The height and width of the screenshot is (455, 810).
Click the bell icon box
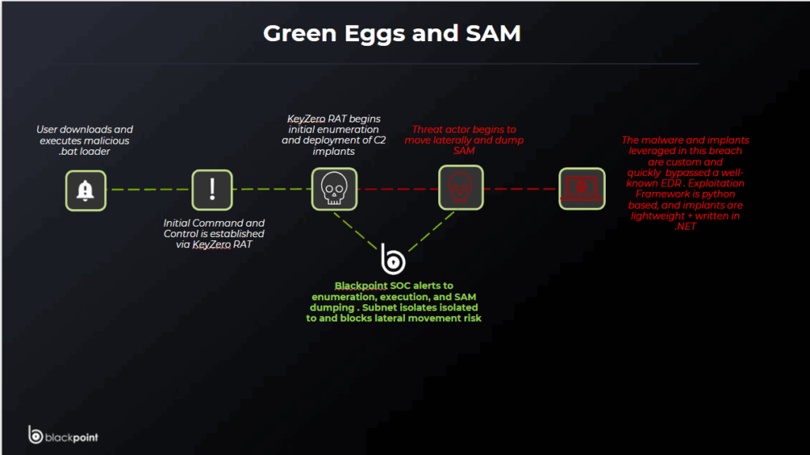pyautogui.click(x=85, y=190)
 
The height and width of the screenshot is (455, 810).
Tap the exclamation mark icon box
pyautogui.click(x=212, y=190)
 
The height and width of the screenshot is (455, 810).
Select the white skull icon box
pyautogui.click(x=335, y=189)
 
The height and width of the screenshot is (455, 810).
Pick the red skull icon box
pyautogui.click(x=461, y=187)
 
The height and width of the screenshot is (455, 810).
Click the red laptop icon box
pyautogui.click(x=581, y=188)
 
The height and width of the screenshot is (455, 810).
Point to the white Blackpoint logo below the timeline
pyautogui.click(x=392, y=258)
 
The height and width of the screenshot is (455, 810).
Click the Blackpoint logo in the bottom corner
pyautogui.click(x=63, y=435)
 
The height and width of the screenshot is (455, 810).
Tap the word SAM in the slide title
pyautogui.click(x=493, y=33)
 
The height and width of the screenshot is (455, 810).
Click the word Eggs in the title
pyautogui.click(x=374, y=34)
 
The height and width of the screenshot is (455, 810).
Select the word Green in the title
pyautogui.click(x=300, y=33)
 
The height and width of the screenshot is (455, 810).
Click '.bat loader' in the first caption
pyautogui.click(x=84, y=152)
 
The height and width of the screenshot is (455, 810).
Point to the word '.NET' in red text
pyautogui.click(x=685, y=227)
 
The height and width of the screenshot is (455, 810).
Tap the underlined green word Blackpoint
pyautogui.click(x=361, y=286)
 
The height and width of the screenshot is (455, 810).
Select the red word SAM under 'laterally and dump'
pyautogui.click(x=464, y=151)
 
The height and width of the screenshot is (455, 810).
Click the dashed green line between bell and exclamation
pyautogui.click(x=149, y=190)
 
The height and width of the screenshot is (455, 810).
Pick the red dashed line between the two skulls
pyautogui.click(x=398, y=189)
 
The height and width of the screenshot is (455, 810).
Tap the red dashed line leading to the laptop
pyautogui.click(x=521, y=188)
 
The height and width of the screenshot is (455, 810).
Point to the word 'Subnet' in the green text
pyautogui.click(x=379, y=307)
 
